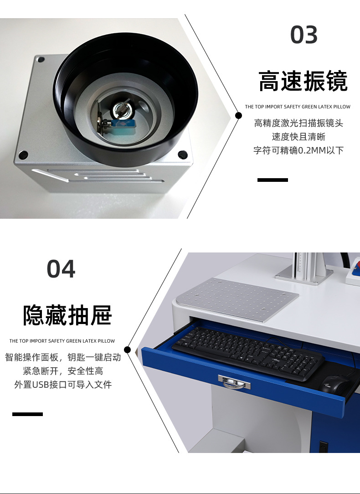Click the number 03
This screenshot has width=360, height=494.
tap(303, 35)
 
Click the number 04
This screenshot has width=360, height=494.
tap(61, 269)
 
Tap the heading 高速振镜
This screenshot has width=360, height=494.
tap(303, 81)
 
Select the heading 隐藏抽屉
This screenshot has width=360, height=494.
tap(67, 315)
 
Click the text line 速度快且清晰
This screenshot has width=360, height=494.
tap(298, 137)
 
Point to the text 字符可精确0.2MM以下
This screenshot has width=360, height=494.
tap(298, 150)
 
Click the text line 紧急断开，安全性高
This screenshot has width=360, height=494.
tap(63, 371)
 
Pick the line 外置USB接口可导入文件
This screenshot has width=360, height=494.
tap(63, 385)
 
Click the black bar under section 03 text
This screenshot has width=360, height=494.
tap(273, 180)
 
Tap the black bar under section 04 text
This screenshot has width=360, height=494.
tap(27, 414)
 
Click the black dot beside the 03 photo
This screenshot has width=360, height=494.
tap(238, 116)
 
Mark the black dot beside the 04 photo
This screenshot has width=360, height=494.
tap(127, 350)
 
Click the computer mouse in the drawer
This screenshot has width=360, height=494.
tap(336, 384)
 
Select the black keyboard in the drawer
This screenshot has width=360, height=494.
tap(248, 353)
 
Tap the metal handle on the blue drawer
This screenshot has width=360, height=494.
tap(234, 382)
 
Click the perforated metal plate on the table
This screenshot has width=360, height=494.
tap(237, 299)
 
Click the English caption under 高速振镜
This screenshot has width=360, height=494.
tap(298, 107)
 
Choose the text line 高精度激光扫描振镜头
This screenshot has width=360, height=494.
tap(298, 123)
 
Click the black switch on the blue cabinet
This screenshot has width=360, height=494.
tap(323, 447)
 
